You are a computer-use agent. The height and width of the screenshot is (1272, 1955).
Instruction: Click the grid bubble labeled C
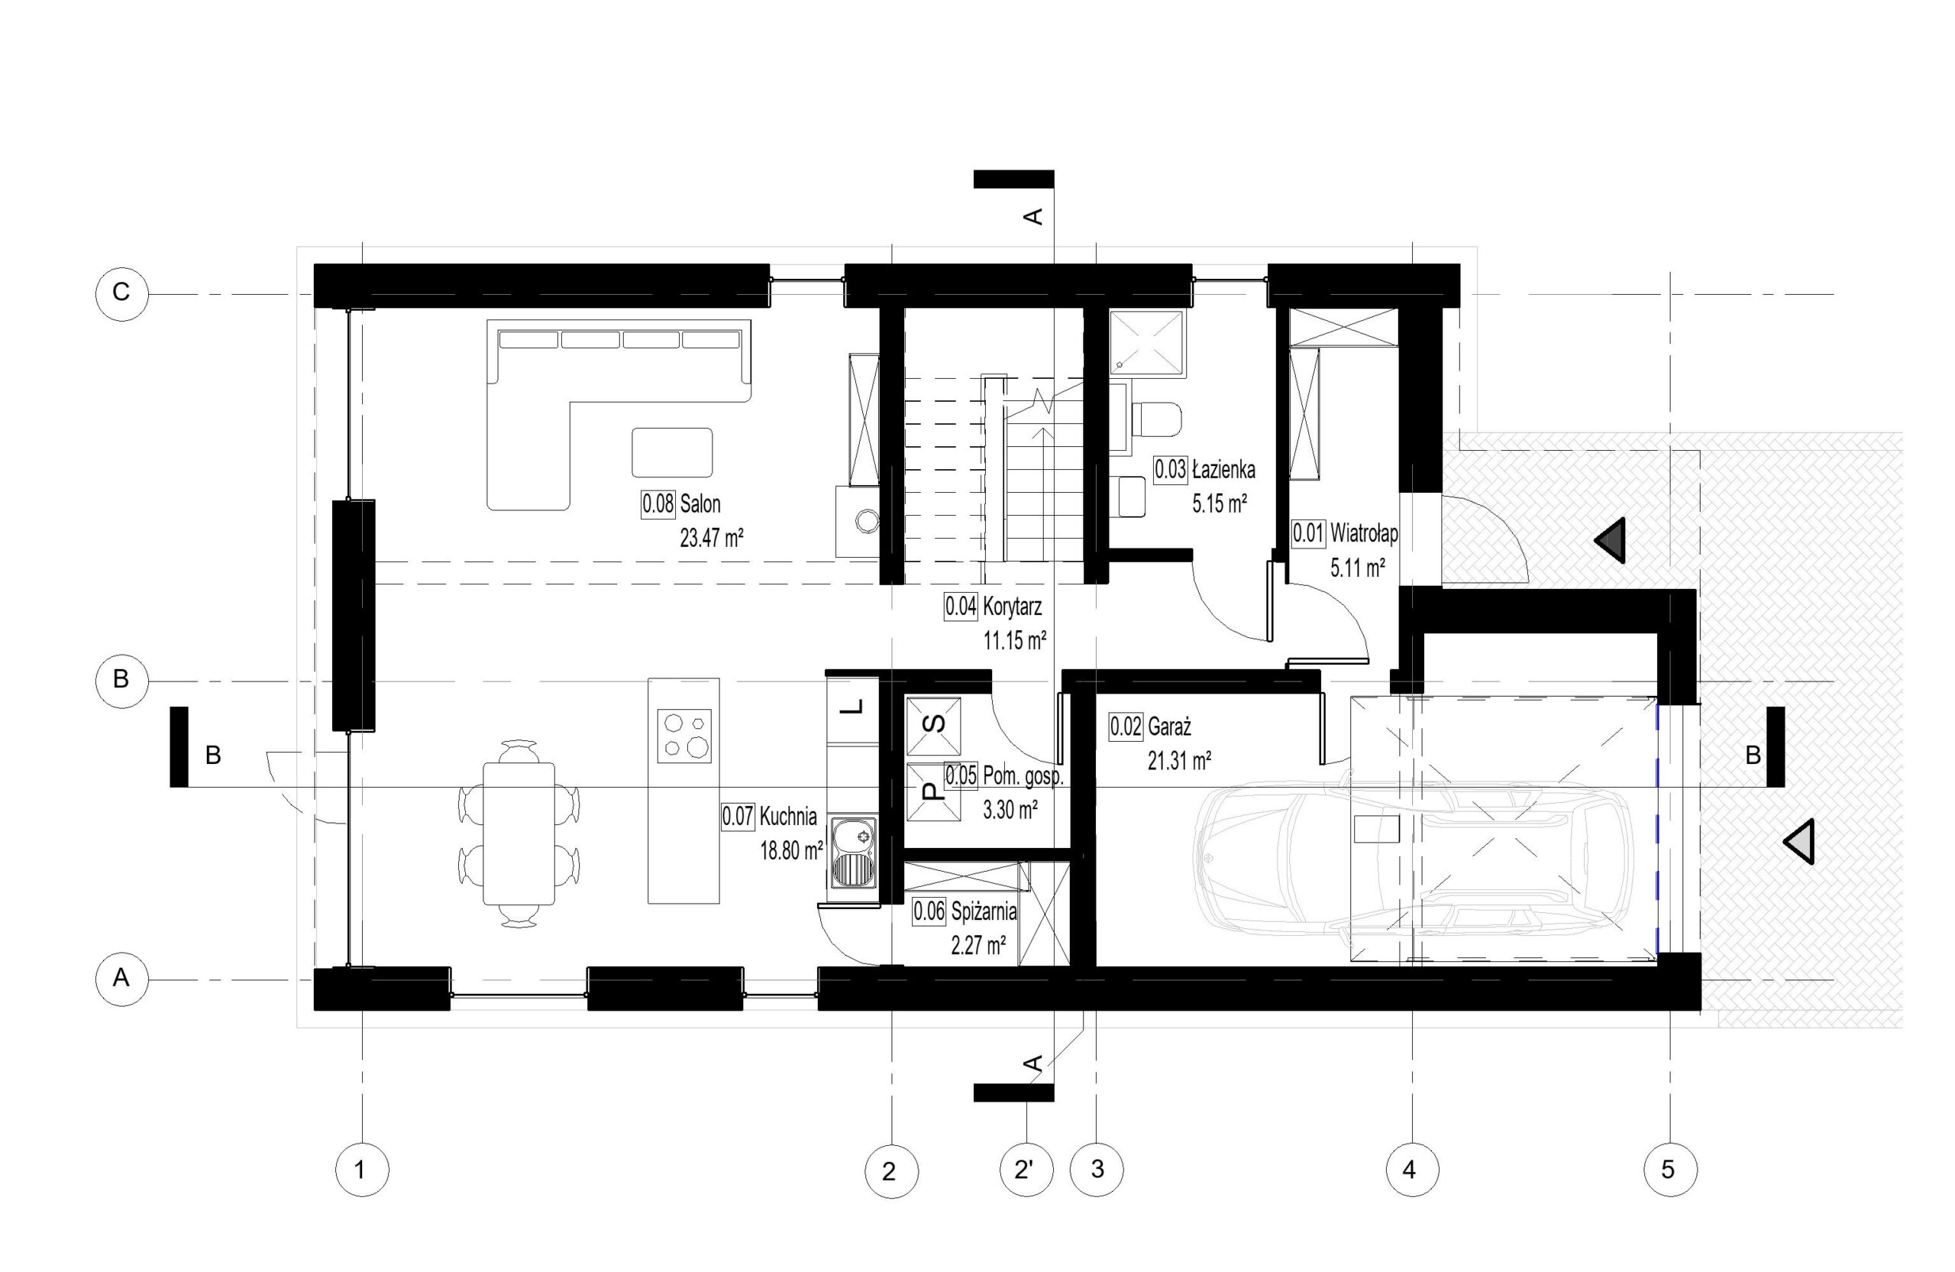[x=121, y=293]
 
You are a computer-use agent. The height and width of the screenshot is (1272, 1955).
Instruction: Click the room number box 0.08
[x=658, y=503]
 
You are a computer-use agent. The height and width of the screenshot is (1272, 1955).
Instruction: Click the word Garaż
[x=1169, y=727]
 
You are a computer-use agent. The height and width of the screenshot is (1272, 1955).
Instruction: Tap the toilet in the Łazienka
[x=1155, y=420]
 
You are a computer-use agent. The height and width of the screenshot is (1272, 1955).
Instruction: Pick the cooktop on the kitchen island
[x=684, y=736]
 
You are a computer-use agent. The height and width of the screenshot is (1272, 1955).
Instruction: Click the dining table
[x=519, y=833]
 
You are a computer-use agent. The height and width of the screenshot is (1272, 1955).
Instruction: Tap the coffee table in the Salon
[x=672, y=452]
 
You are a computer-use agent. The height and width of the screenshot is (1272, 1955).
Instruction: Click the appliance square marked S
[x=933, y=727]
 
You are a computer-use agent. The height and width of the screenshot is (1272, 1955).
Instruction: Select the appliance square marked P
[x=933, y=792]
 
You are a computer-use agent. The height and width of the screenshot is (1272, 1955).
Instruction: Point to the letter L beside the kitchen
[x=855, y=707]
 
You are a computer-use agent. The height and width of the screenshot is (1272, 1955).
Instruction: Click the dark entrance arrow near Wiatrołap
[x=1610, y=541]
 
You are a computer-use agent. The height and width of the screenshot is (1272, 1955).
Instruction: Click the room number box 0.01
[x=1308, y=534]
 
